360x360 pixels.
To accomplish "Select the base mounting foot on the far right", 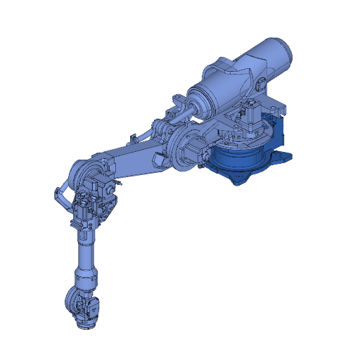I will click(x=285, y=156).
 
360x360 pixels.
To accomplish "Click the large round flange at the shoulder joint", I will click(x=184, y=148).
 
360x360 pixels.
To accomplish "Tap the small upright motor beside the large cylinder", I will click(x=250, y=112).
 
